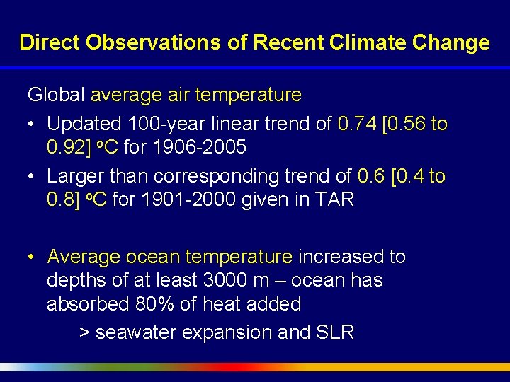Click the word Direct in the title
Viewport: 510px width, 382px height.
click(x=50, y=42)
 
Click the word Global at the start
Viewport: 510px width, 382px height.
click(x=57, y=95)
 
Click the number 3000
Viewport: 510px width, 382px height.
click(x=225, y=281)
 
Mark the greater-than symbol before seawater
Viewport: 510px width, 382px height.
click(x=84, y=332)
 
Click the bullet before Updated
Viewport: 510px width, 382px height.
click(x=33, y=125)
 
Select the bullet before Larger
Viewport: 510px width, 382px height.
click(x=33, y=177)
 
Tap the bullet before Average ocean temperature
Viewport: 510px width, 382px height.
click(x=33, y=257)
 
